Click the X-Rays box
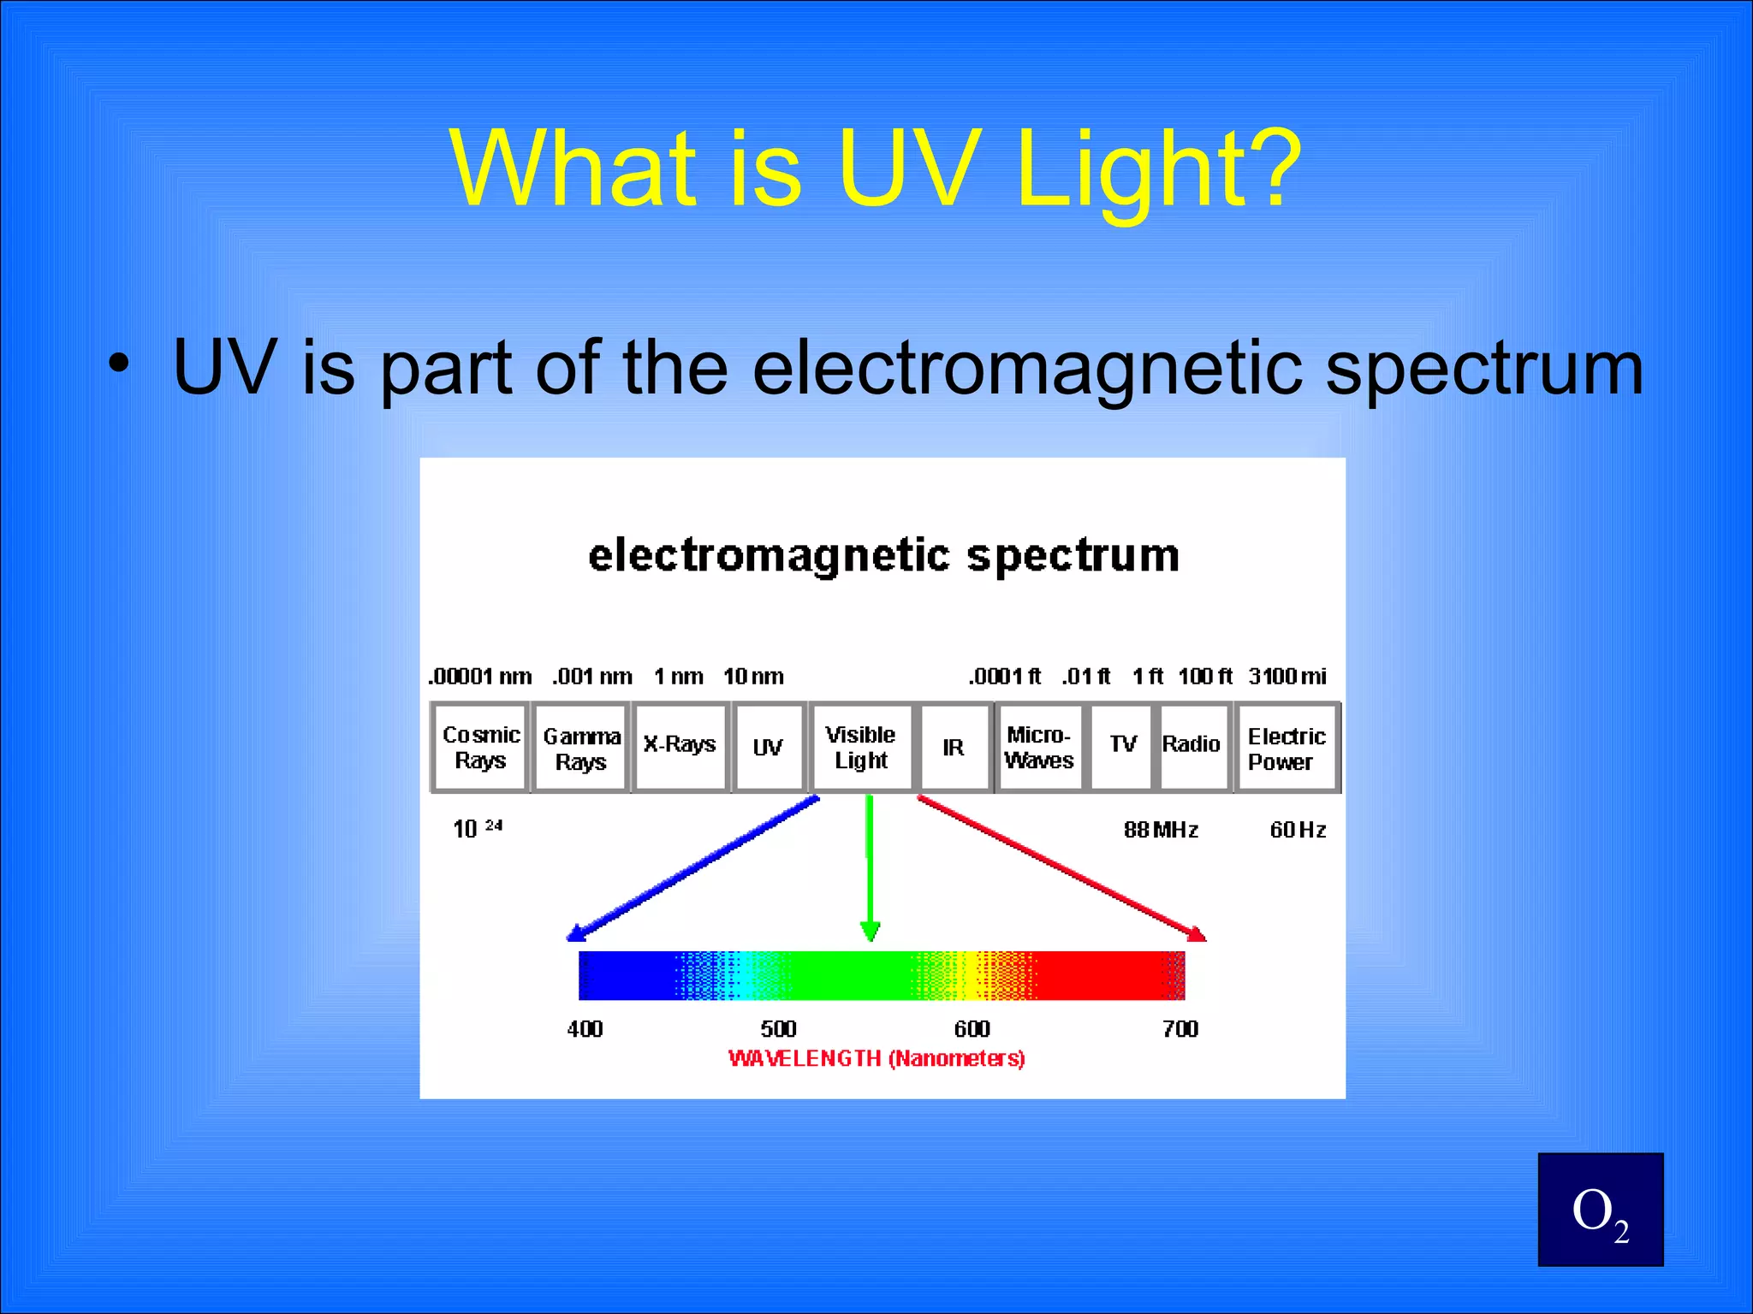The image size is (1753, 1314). point(680,746)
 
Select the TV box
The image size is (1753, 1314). point(1122,746)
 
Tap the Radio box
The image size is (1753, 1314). point(1191,746)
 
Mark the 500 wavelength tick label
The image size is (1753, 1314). point(778,1029)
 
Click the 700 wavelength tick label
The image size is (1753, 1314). point(1180,1029)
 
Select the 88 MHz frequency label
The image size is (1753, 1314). point(1161,830)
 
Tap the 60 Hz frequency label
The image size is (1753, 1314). point(1298,830)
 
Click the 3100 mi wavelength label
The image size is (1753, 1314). point(1287,677)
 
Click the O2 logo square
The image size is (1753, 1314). point(1600,1210)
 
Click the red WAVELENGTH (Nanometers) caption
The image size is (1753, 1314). point(876,1059)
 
